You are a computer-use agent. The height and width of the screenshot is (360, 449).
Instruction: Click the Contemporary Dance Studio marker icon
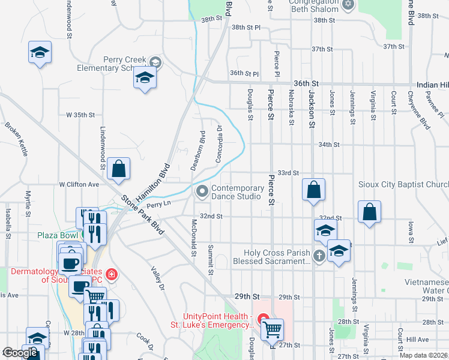pyautogui.click(x=202, y=191)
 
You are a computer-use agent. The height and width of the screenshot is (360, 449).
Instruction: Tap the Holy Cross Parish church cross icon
pyautogui.click(x=319, y=257)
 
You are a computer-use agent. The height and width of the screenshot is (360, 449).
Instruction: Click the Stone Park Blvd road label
pyautogui.click(x=142, y=214)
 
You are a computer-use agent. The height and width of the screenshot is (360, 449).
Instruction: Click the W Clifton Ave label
pyautogui.click(x=79, y=184)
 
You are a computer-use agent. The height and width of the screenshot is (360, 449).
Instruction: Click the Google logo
pyautogui.click(x=20, y=353)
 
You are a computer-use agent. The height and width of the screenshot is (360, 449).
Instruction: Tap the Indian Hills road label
pyautogui.click(x=430, y=85)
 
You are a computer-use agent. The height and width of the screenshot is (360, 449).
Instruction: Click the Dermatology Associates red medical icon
pyautogui.click(x=112, y=276)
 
